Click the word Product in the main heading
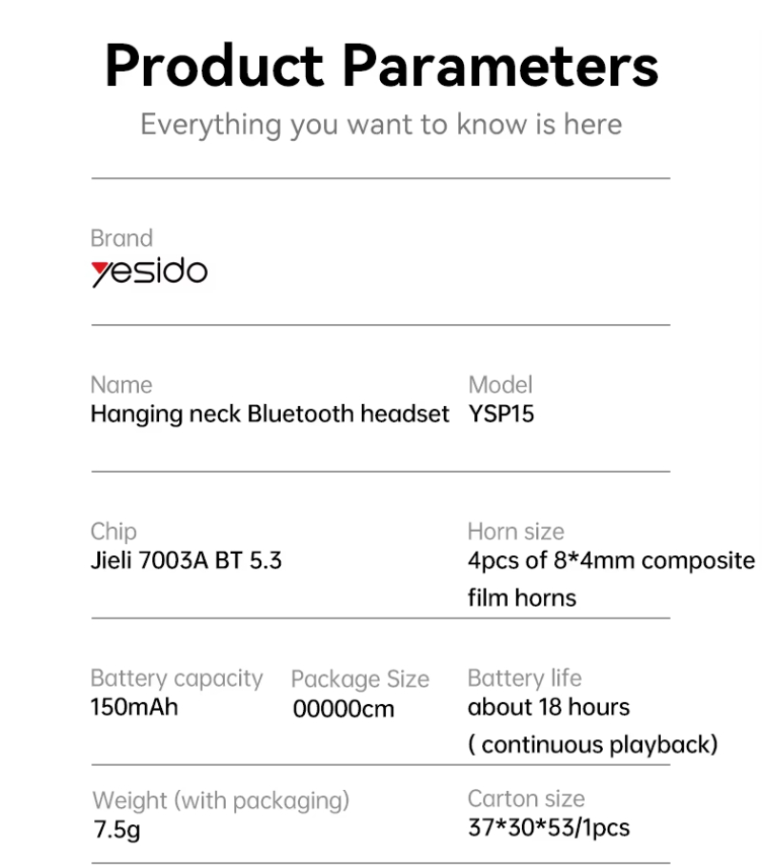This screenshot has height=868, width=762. tap(214, 66)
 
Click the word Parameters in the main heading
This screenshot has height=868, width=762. tap(501, 66)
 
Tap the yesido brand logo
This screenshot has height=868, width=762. tap(150, 272)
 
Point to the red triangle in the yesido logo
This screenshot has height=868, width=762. tap(101, 270)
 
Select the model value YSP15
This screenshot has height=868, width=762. tap(501, 414)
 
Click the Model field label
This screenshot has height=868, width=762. tap(500, 385)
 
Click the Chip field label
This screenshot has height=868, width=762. tap(113, 532)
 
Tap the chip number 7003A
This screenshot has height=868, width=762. tap(173, 561)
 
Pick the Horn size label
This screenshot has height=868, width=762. tap(515, 532)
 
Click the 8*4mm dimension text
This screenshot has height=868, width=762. tap(594, 561)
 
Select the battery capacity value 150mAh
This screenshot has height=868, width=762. tap(134, 707)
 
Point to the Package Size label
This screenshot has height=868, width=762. tap(360, 679)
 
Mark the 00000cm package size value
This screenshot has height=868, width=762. tap(344, 709)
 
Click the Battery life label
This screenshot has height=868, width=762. tap(525, 678)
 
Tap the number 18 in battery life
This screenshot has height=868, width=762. tap(550, 707)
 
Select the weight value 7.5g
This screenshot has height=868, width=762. tap(117, 830)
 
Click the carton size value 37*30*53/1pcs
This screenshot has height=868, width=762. tap(549, 828)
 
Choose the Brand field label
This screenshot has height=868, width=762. tap(122, 238)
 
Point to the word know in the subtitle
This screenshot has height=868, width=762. tap(491, 124)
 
